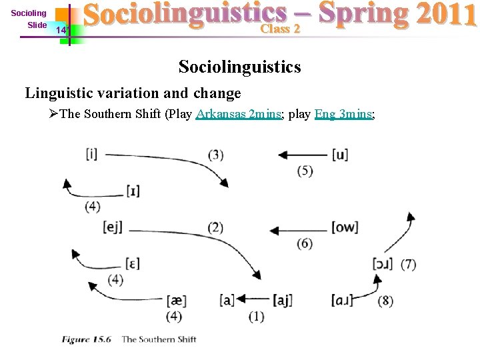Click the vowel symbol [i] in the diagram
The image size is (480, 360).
pos(91,154)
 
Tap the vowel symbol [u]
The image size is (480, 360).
pos(339,155)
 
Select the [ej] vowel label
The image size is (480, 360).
pos(114,227)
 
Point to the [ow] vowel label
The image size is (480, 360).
pos(344,227)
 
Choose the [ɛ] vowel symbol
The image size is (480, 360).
pos(132,263)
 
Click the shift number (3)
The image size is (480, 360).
pos(215,155)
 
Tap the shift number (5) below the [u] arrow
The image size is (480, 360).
pos(305,171)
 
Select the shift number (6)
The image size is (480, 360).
pos(305,243)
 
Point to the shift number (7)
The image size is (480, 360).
pos(408,265)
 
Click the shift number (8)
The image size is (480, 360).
pos(385,301)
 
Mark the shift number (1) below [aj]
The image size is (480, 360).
pos(256,315)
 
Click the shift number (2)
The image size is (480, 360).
pos(215,227)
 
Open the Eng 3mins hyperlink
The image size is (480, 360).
pos(343,114)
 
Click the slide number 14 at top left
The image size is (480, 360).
pos(61,30)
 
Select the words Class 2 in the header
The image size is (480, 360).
pos(280,29)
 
